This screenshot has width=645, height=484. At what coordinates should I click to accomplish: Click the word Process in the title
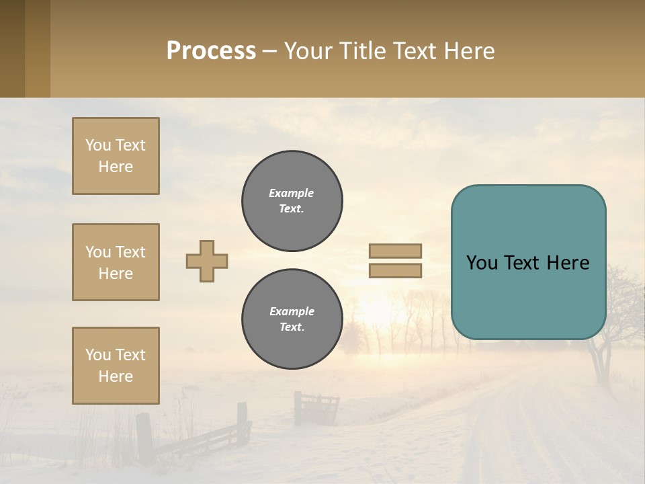(211, 51)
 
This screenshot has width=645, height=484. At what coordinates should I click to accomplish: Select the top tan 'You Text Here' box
(116, 156)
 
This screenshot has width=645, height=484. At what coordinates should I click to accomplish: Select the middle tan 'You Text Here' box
(116, 262)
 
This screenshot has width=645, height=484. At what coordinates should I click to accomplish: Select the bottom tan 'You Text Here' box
(116, 366)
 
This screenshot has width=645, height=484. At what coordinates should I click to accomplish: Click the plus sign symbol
(207, 261)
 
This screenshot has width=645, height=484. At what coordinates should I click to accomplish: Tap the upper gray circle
(292, 201)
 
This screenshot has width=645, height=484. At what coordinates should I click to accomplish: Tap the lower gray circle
(292, 319)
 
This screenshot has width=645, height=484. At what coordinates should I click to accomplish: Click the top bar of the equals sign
(395, 251)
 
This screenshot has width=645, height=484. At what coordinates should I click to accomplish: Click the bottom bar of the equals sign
(395, 270)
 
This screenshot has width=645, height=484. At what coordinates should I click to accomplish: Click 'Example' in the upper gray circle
(291, 193)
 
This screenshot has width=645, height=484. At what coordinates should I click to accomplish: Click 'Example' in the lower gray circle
(292, 311)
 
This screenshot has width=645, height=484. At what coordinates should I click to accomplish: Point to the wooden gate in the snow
(316, 407)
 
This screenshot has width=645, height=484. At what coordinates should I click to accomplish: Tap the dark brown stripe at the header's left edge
(12, 48)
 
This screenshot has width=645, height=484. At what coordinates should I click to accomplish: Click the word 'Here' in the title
(467, 51)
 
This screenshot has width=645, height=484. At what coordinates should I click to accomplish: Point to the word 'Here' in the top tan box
(116, 167)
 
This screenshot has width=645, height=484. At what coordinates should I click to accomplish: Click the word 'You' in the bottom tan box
(98, 355)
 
